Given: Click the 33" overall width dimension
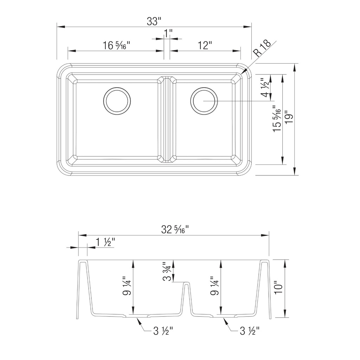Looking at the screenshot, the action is pyautogui.click(x=153, y=21).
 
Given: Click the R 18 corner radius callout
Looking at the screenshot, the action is pyautogui.click(x=262, y=49).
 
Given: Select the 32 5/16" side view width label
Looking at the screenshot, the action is pyautogui.click(x=175, y=229).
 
